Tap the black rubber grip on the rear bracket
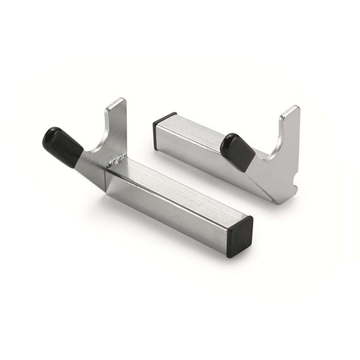237,148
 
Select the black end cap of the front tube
241,234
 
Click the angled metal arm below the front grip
88,165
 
